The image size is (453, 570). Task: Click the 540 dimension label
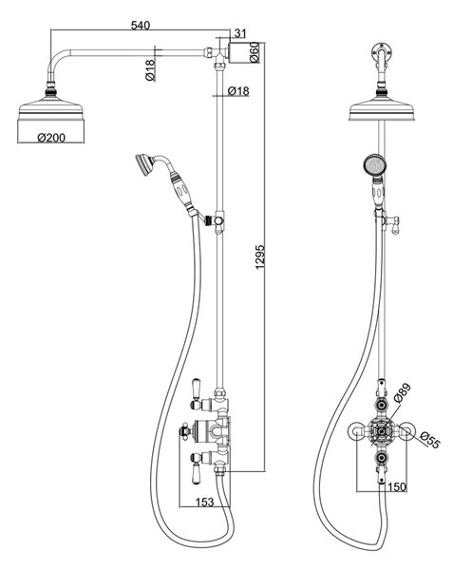pos(141,26)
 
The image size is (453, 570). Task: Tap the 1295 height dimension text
pos(260,257)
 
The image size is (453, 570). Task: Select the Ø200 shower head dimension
pos(51,138)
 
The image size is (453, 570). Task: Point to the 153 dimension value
pos(204,502)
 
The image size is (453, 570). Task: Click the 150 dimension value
pos(397,486)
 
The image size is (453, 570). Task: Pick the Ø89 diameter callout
pos(403,392)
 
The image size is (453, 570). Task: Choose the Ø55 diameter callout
pos(429,440)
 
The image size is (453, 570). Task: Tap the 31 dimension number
pos(240,33)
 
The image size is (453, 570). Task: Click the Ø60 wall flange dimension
pos(255,52)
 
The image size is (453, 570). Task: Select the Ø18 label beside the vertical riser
pos(238,91)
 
